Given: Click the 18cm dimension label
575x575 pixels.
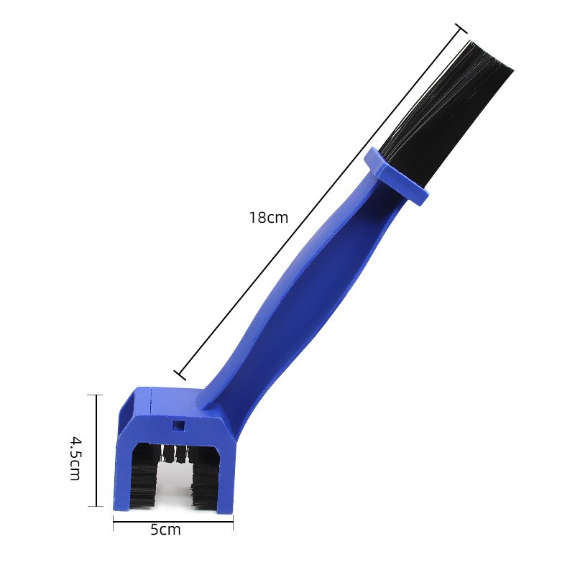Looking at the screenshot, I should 268,217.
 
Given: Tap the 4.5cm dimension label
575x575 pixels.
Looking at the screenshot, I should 75,457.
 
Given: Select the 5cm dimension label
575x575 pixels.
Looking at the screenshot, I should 165,530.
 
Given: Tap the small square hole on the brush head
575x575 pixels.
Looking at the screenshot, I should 178,425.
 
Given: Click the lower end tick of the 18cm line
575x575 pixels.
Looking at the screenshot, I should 180,374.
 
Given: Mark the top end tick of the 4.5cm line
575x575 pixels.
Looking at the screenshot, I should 96,395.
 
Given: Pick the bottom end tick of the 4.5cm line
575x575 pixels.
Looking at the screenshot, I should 96,506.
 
